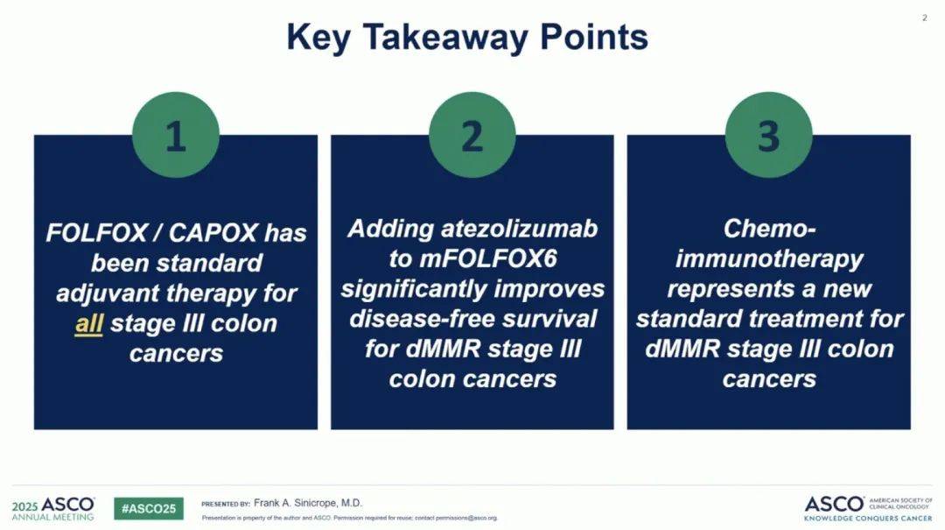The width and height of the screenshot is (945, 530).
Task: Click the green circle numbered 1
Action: point(175,135)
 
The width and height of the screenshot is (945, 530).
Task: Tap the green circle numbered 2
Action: point(472,135)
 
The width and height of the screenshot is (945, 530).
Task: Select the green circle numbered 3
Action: point(768,135)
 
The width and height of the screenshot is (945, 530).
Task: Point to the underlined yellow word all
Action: point(89,323)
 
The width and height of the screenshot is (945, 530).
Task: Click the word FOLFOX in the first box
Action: point(96,233)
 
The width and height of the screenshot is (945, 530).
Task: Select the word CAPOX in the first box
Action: point(213,233)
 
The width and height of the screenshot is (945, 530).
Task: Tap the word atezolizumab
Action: point(520,228)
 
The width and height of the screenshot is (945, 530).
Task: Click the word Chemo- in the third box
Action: point(769,228)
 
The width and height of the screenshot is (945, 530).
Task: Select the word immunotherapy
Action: point(769,259)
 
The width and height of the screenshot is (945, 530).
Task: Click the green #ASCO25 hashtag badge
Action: point(149,508)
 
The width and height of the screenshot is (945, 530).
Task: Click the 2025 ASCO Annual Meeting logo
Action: point(53,508)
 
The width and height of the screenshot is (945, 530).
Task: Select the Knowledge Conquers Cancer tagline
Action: point(868,519)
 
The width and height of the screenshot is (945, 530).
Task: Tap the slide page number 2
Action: point(925,18)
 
